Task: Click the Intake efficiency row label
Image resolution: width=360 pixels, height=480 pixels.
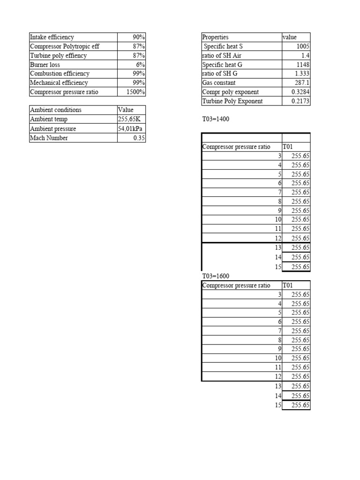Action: pyautogui.click(x=52, y=37)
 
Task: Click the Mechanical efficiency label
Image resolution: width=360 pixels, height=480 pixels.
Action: pyautogui.click(x=59, y=83)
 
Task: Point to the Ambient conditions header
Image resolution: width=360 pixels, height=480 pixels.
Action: pyautogui.click(x=56, y=110)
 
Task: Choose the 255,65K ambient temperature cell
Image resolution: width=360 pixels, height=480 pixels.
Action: pyautogui.click(x=129, y=120)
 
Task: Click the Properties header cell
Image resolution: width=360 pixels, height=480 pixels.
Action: pyautogui.click(x=215, y=37)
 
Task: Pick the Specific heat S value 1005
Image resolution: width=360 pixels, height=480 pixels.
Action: pyautogui.click(x=303, y=46)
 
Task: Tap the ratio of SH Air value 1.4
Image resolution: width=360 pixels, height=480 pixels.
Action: pyautogui.click(x=305, y=55)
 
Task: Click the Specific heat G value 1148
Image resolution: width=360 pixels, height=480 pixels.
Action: pyautogui.click(x=303, y=65)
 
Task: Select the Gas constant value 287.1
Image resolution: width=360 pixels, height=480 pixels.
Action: pyautogui.click(x=302, y=83)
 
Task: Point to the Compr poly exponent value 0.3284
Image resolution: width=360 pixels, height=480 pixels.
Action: pyautogui.click(x=300, y=92)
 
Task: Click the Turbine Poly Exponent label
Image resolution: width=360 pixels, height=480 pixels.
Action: pyautogui.click(x=232, y=101)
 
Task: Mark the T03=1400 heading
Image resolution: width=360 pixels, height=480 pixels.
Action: pyautogui.click(x=216, y=120)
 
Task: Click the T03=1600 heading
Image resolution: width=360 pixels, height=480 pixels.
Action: pyautogui.click(x=216, y=276)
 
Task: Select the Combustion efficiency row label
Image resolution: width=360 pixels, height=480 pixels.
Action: pyautogui.click(x=60, y=74)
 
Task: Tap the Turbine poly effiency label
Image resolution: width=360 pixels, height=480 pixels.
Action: pyautogui.click(x=58, y=55)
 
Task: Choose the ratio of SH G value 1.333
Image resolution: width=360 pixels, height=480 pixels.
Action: pyautogui.click(x=302, y=74)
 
